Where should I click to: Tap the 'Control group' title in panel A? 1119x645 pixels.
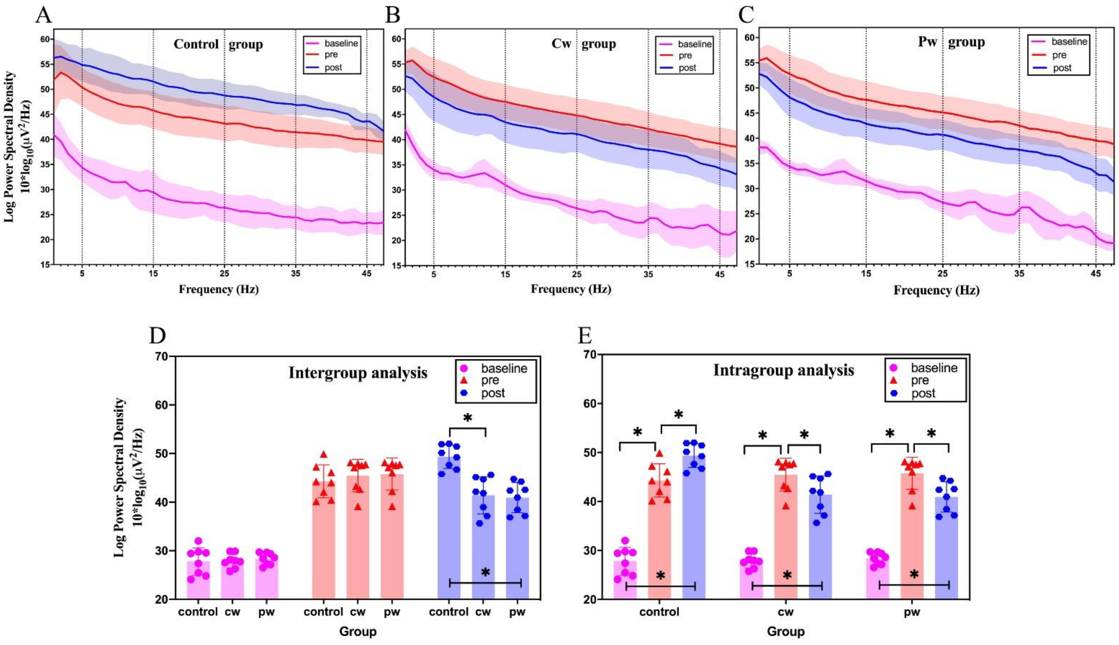218,44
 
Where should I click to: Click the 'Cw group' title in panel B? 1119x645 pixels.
584,44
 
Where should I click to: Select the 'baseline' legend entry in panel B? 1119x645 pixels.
694,44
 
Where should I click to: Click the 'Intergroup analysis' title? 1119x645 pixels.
358,373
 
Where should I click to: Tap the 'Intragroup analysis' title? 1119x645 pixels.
783,370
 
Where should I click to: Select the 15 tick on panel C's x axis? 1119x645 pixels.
866,273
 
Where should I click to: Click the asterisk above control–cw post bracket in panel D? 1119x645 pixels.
468,418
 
